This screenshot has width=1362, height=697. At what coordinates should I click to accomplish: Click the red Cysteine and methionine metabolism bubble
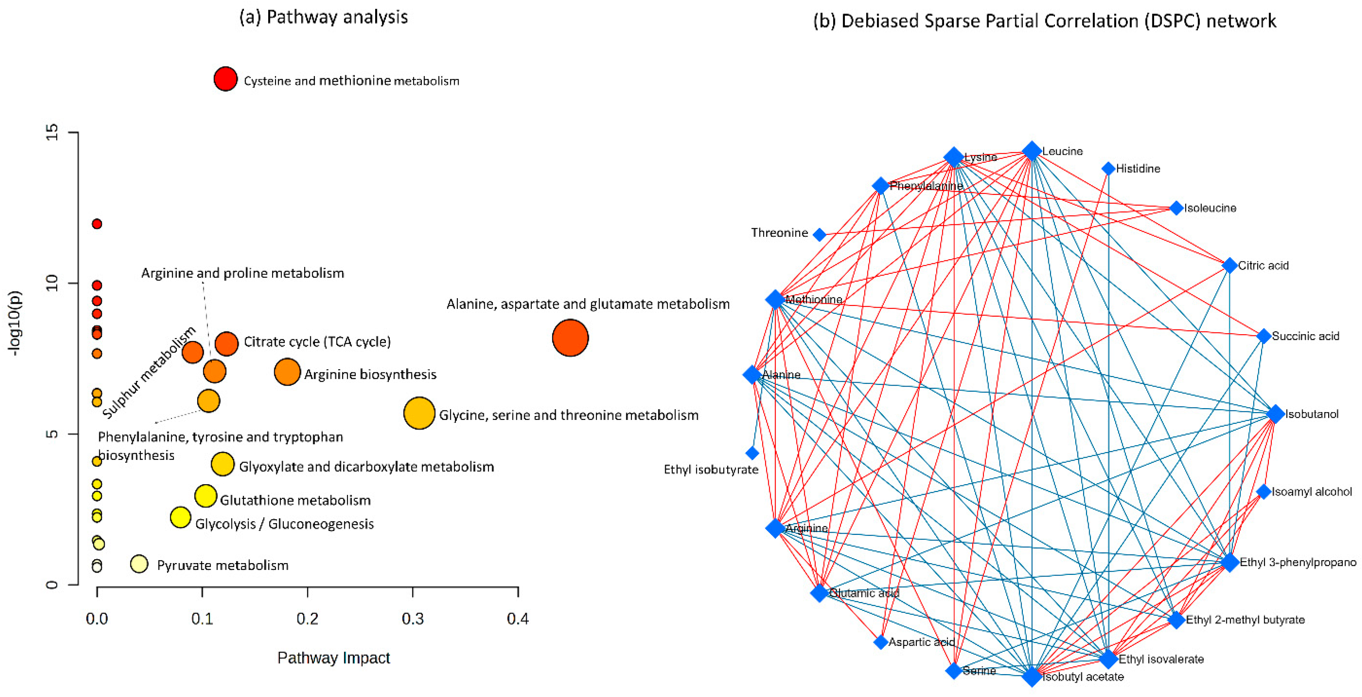tap(225, 79)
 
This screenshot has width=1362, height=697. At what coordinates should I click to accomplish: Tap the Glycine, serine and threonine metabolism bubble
tap(419, 413)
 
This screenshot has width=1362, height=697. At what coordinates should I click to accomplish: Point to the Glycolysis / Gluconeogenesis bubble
tap(180, 517)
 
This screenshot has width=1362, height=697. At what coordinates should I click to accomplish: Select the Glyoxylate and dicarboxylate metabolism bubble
tap(223, 464)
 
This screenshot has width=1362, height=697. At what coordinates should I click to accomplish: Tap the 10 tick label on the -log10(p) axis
tap(52, 283)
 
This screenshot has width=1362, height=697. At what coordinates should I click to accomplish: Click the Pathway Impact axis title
tap(333, 658)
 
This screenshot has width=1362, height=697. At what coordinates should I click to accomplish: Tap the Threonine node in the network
tap(820, 235)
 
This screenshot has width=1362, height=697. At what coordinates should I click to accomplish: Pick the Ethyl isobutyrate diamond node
tap(752, 453)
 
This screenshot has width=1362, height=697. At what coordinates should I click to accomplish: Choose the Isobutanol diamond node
tap(1275, 414)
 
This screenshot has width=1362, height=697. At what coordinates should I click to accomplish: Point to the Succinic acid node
tap(1263, 336)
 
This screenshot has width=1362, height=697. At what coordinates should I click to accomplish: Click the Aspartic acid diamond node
tap(880, 642)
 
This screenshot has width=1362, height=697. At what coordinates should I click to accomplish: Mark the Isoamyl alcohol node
tap(1263, 492)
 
